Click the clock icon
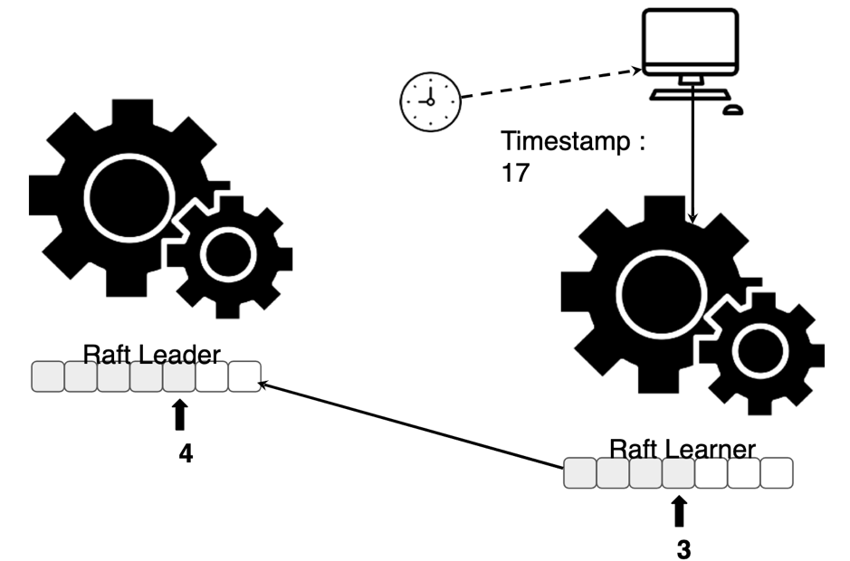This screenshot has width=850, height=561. coord(430,100)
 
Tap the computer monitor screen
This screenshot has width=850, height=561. coord(689,42)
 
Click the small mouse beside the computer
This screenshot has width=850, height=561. coord(732,110)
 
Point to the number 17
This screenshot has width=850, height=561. coord(515,174)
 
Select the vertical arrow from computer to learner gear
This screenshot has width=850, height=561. coord(692,154)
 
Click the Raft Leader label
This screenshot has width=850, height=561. coord(151,353)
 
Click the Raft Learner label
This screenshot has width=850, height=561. coord(683,449)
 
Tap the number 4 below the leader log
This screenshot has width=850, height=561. coord(186,453)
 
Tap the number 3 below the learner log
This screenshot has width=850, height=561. coord(684,548)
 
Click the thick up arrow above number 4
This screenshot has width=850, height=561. coord(179,414)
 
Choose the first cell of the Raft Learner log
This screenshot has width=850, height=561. coord(579,473)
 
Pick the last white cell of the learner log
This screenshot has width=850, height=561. coord(777,473)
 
